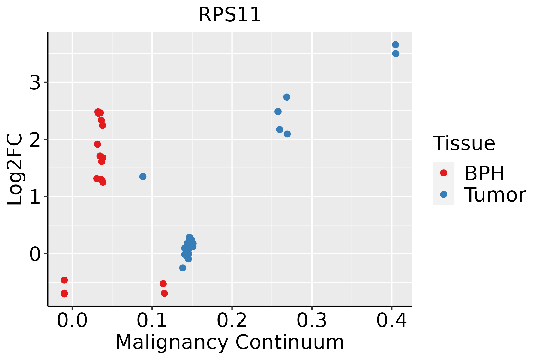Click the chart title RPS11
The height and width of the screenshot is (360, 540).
[x=229, y=15]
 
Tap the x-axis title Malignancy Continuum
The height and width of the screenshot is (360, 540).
[x=229, y=343]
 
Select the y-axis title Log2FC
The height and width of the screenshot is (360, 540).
[x=15, y=169]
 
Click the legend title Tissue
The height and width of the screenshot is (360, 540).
[x=464, y=143]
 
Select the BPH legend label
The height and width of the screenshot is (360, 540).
[x=484, y=173]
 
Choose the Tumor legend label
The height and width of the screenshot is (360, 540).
[x=495, y=195]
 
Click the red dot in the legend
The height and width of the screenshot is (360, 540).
[x=443, y=173]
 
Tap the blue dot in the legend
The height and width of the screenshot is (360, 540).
[x=443, y=195]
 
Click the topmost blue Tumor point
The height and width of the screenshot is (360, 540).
[x=395, y=45]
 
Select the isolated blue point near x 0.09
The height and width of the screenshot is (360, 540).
[x=143, y=176]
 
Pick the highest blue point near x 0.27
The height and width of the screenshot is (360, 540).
[x=287, y=97]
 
